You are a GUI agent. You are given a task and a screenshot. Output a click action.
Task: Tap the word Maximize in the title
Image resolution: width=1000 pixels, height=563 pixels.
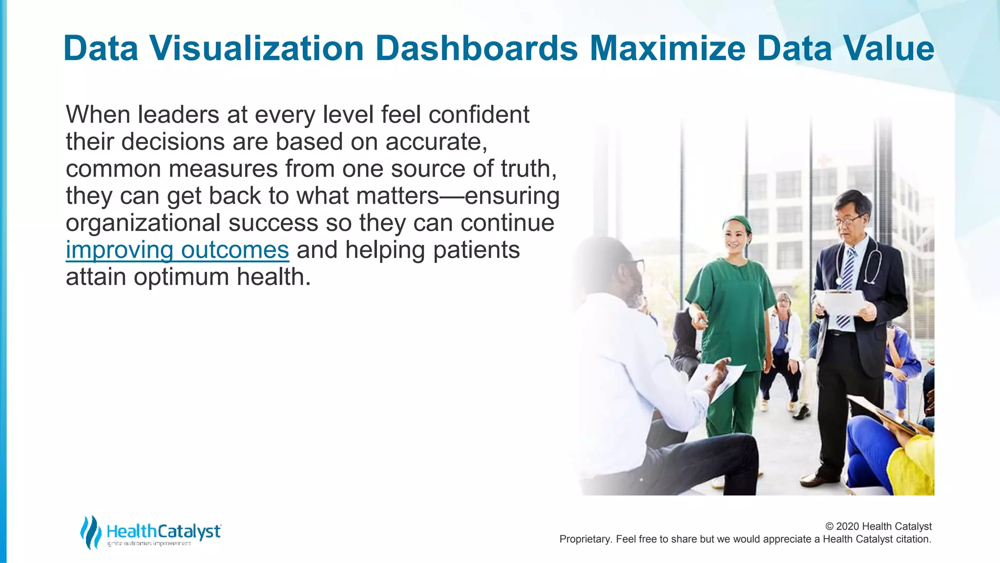(x=667, y=49)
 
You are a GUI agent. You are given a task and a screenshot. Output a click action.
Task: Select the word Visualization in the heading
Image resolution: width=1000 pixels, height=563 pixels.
(x=257, y=49)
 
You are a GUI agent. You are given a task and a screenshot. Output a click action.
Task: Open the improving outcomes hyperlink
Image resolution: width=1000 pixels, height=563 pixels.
(x=177, y=250)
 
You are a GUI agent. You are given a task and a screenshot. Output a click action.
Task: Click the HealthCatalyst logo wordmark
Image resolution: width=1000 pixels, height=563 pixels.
(x=164, y=531)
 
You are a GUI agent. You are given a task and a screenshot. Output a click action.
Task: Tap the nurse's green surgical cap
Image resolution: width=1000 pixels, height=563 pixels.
(x=737, y=223)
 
